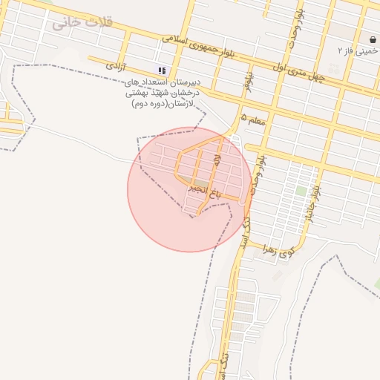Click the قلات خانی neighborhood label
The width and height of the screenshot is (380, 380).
[82, 22]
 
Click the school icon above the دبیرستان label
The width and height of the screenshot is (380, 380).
[162, 71]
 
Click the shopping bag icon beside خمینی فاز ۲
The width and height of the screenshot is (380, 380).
[373, 39]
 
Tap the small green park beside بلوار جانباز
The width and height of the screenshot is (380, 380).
[301, 191]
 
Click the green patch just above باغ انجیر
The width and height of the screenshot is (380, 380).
[201, 182]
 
